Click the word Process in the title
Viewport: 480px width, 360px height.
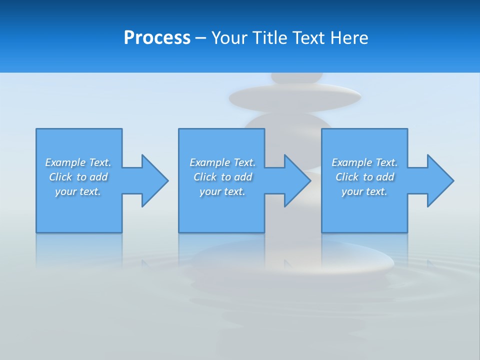[x=157, y=38]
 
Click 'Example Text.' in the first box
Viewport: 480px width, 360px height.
[x=78, y=162]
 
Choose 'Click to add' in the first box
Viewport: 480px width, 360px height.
[x=78, y=177]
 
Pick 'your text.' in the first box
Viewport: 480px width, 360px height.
[x=78, y=191]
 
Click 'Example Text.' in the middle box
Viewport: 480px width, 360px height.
[x=222, y=162]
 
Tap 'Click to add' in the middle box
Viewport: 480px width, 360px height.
[x=222, y=177]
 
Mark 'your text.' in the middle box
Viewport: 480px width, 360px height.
[x=222, y=191]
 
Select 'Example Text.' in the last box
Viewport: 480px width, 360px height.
[x=364, y=162]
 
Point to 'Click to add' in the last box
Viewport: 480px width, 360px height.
[x=364, y=177]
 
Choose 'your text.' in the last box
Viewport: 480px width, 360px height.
[x=364, y=191]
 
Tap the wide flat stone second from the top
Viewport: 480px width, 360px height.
[x=295, y=97]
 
